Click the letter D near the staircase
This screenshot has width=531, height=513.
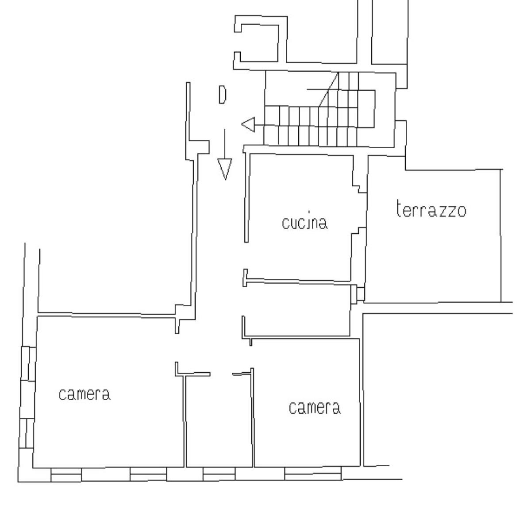coord(223,95)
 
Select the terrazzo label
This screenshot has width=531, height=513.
coord(431,209)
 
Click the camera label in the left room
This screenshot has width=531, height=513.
coord(85,394)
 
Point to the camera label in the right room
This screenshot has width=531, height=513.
coord(315,408)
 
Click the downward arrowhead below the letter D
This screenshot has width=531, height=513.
coord(225,169)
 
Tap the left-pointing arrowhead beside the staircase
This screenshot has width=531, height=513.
coord(248,125)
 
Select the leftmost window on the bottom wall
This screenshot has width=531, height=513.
coord(66,474)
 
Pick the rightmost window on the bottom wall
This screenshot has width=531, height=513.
coord(313,473)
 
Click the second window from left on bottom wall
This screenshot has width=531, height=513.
coord(148,474)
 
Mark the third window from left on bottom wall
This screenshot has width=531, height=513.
coord(219,474)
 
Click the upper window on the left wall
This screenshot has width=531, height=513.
coord(29,364)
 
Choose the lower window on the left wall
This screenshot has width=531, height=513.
coord(27,433)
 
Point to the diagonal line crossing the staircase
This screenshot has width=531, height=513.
coord(328,89)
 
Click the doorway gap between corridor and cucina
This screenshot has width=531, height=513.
coord(246,256)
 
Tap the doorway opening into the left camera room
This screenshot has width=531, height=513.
coord(177,347)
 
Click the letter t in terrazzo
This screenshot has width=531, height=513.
coord(400,208)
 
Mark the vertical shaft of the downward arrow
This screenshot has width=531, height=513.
coord(225,144)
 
